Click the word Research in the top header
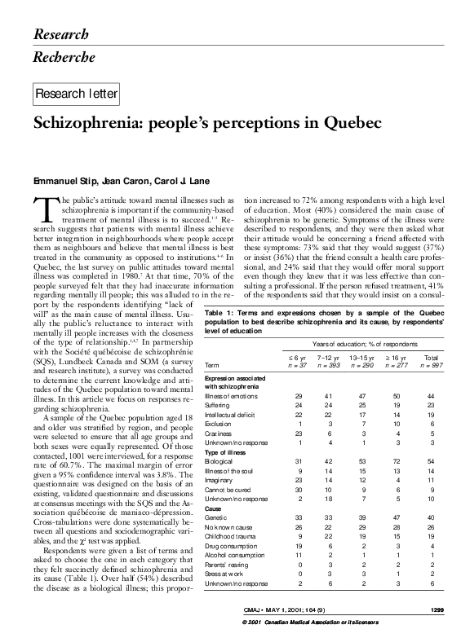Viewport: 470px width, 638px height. click(x=61, y=33)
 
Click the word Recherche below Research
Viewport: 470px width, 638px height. click(x=64, y=57)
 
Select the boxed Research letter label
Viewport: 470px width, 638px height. click(x=76, y=95)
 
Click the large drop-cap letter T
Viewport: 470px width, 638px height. click(x=42, y=209)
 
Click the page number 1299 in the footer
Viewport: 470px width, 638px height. click(x=437, y=609)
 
